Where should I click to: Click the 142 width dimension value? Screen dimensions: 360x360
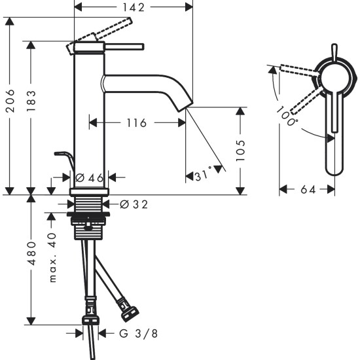pyautogui.click(x=134, y=7)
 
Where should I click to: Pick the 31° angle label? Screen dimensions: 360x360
pyautogui.click(x=204, y=176)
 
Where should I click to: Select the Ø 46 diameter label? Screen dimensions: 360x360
pyautogui.click(x=89, y=177)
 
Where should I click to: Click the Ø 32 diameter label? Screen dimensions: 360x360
pyautogui.click(x=134, y=204)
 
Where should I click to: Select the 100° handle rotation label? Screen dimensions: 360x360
pyautogui.click(x=287, y=116)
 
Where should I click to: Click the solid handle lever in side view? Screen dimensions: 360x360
pyautogui.click(x=124, y=46)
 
